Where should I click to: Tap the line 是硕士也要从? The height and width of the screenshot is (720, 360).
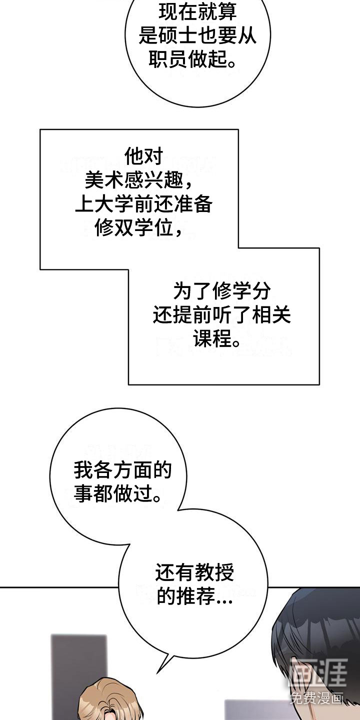point(197,35)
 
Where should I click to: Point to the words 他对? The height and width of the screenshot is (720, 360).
point(143,156)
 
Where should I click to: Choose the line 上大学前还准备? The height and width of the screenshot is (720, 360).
point(143,204)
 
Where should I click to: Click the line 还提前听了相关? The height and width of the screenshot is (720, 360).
point(222,315)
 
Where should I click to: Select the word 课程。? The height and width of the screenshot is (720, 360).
point(216,339)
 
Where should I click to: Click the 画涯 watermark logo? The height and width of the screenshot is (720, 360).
point(318,672)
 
